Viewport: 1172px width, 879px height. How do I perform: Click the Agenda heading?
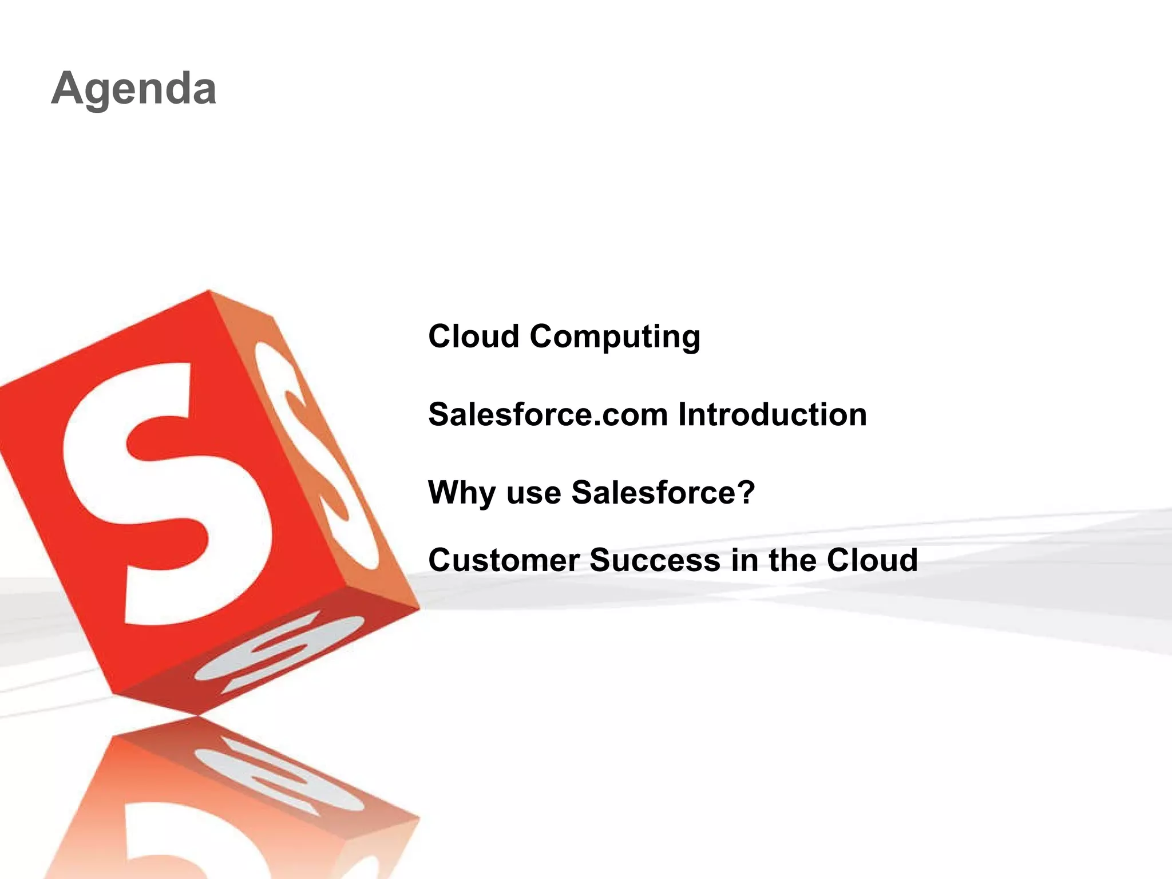[134, 89]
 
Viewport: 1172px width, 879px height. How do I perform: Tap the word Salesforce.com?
[548, 414]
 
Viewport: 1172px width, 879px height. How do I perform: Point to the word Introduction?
[773, 414]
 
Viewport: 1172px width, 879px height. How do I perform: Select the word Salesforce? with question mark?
[663, 493]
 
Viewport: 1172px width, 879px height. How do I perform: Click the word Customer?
[504, 560]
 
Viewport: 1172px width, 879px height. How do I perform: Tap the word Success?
[655, 560]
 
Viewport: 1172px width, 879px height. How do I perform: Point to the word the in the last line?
[793, 560]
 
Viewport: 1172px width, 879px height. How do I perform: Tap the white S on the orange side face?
[318, 452]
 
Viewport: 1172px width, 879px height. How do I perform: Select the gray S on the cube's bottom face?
[280, 652]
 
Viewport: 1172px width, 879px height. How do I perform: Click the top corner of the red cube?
[209, 291]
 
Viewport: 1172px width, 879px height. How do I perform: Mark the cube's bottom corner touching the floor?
[197, 715]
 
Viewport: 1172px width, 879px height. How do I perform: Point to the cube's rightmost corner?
[419, 608]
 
